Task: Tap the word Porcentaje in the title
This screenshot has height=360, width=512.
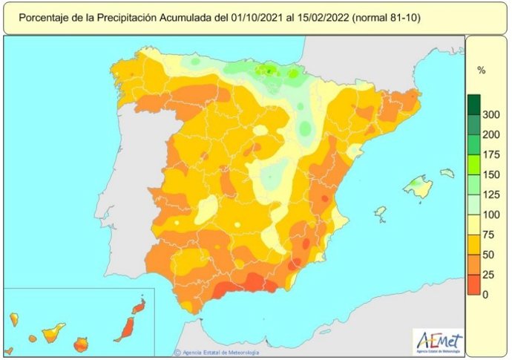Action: tap(44, 16)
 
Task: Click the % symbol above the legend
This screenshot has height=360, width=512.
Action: tap(481, 71)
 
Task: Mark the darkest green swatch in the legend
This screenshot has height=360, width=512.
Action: tap(474, 105)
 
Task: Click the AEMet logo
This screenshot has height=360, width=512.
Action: tap(439, 341)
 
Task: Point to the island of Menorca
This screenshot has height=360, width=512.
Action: tap(447, 173)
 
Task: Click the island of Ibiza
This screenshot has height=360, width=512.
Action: tap(381, 212)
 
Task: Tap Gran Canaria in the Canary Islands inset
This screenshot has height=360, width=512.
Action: tap(82, 344)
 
